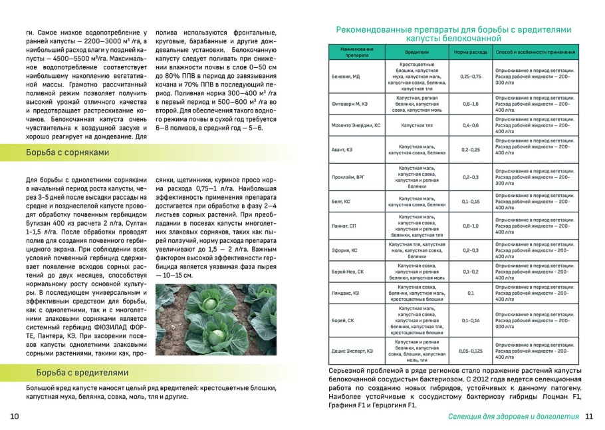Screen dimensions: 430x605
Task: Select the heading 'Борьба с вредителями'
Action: coord(78,373)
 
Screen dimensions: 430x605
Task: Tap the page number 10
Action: coord(14,417)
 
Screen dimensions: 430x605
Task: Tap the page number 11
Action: coord(588,417)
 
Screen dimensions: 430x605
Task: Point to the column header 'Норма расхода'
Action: coord(470,51)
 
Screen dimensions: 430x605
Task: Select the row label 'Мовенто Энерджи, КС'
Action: coord(356,125)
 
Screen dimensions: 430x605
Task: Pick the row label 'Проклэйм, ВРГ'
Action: coord(348,177)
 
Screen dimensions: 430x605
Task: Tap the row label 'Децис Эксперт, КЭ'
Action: coord(352,350)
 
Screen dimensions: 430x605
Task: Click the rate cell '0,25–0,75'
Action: coord(470,77)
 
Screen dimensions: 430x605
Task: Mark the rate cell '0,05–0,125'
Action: coord(470,350)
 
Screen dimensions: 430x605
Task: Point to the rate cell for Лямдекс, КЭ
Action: coord(470,293)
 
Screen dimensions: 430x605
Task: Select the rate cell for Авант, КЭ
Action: coord(470,150)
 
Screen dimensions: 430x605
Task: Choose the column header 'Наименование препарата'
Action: coord(357,51)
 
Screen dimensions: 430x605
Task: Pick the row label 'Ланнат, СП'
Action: coord(344,226)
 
